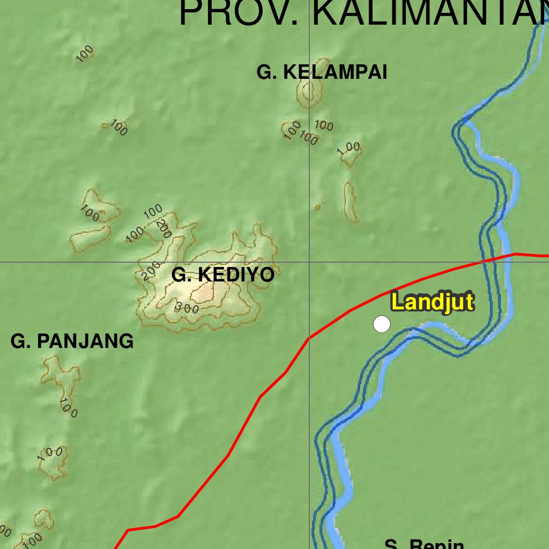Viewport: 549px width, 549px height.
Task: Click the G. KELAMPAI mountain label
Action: [x=322, y=72]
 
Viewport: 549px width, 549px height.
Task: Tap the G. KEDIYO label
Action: [x=222, y=275]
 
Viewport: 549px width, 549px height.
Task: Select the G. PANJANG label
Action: [x=72, y=341]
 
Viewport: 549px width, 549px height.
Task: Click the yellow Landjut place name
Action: [x=433, y=302]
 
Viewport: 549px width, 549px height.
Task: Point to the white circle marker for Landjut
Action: [x=382, y=324]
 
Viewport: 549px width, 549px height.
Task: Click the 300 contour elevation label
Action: [x=187, y=308]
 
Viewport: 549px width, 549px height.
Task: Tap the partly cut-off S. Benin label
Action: [x=424, y=544]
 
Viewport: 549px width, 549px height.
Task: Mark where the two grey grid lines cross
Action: [x=309, y=262]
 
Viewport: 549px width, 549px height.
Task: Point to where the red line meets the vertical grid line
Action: [x=309, y=338]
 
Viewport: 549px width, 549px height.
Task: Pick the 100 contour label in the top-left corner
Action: [x=85, y=54]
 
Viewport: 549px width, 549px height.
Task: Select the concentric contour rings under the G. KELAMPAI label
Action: [x=308, y=95]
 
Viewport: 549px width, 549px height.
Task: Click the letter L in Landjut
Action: [x=397, y=302]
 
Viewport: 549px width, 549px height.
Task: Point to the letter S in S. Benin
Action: [x=391, y=545]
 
